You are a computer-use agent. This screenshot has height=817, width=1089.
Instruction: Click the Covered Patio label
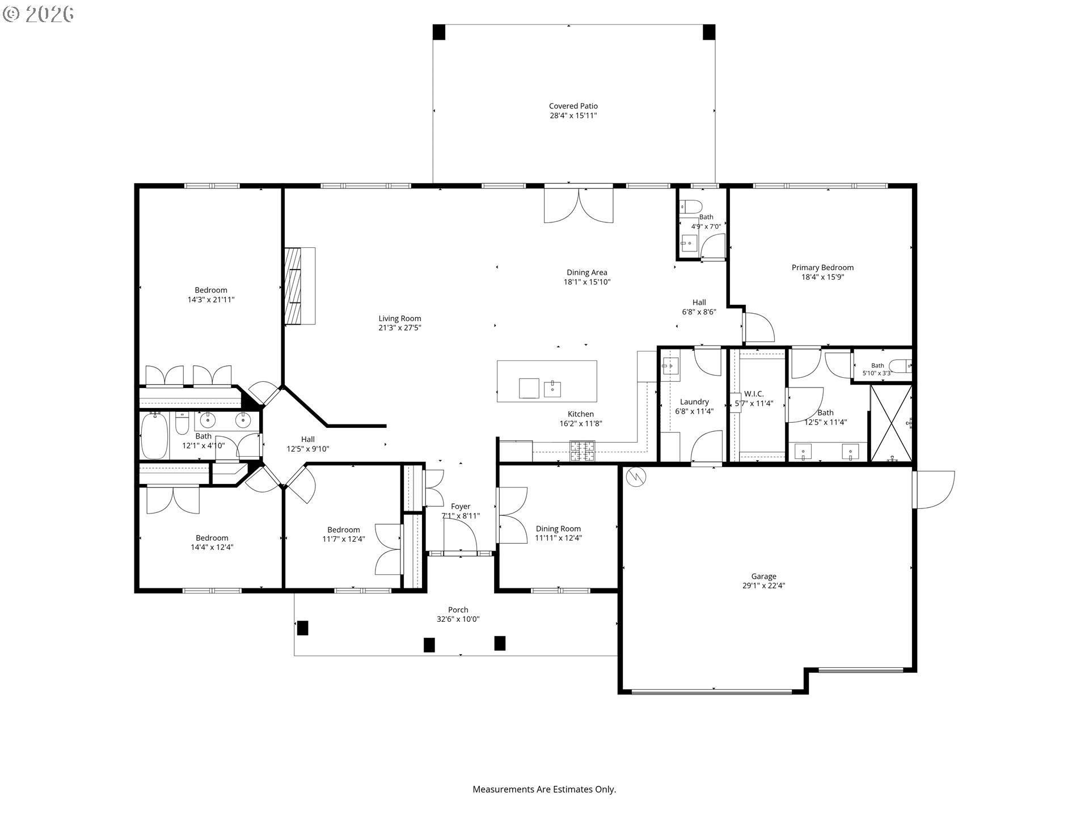[x=573, y=106]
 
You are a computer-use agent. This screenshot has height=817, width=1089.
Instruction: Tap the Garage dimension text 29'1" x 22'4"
[x=763, y=586]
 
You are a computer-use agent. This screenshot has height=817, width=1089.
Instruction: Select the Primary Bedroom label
[x=822, y=268]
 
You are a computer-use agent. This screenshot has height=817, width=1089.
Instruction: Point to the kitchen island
[x=547, y=381]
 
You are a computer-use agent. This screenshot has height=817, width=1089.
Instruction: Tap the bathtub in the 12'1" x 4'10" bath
[x=154, y=436]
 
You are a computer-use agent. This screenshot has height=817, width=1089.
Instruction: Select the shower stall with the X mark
[x=891, y=423]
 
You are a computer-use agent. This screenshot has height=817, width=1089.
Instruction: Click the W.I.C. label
[x=754, y=394]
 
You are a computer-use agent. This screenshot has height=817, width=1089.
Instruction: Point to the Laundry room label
[x=694, y=402]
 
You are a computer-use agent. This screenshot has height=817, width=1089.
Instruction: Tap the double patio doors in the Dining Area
[x=579, y=205]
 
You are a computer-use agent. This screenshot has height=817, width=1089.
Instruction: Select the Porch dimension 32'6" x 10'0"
[x=458, y=620]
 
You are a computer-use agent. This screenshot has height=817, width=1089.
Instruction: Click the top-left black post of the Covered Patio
[x=439, y=32]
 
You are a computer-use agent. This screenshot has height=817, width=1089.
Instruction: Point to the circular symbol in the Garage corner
[x=634, y=478]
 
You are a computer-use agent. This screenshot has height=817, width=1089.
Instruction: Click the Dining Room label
[x=558, y=529]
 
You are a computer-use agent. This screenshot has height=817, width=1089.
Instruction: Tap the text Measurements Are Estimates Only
[x=544, y=789]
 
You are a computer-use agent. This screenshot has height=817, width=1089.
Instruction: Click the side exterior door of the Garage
[x=934, y=490]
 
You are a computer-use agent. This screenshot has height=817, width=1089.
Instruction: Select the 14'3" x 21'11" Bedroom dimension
[x=211, y=300]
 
